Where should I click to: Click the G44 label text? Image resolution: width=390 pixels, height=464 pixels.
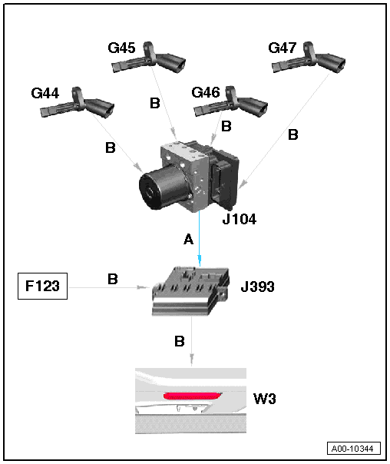(x=45, y=93)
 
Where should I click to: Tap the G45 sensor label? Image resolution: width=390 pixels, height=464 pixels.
(x=121, y=48)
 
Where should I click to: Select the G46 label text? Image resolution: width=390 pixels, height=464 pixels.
(x=206, y=92)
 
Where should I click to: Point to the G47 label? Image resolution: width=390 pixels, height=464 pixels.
(x=282, y=48)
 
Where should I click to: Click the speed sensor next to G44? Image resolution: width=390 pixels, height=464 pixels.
(x=78, y=104)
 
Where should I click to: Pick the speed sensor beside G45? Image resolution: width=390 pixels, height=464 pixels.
(x=149, y=58)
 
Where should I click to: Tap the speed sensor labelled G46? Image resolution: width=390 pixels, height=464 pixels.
(x=230, y=102)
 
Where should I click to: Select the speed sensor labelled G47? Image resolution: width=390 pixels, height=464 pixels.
(x=309, y=58)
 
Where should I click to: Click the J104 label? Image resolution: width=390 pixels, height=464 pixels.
(x=240, y=219)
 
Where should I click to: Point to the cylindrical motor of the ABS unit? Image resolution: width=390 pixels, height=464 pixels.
(x=162, y=187)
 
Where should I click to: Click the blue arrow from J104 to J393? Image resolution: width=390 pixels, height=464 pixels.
(x=200, y=238)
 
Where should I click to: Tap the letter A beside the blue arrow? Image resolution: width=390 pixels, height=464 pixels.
(x=188, y=239)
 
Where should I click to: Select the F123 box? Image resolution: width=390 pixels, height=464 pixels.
(x=42, y=286)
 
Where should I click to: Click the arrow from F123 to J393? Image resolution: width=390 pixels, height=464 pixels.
(x=109, y=287)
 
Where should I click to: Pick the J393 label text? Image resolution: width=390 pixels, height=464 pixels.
(x=257, y=287)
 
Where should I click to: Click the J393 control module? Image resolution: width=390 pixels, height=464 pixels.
(x=190, y=291)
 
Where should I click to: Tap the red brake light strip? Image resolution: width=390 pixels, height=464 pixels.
(x=193, y=396)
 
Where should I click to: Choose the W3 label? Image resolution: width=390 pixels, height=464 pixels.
(x=265, y=399)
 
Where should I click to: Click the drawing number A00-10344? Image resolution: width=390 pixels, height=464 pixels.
(x=354, y=449)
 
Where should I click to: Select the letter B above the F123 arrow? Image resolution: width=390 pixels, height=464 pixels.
(x=113, y=279)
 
